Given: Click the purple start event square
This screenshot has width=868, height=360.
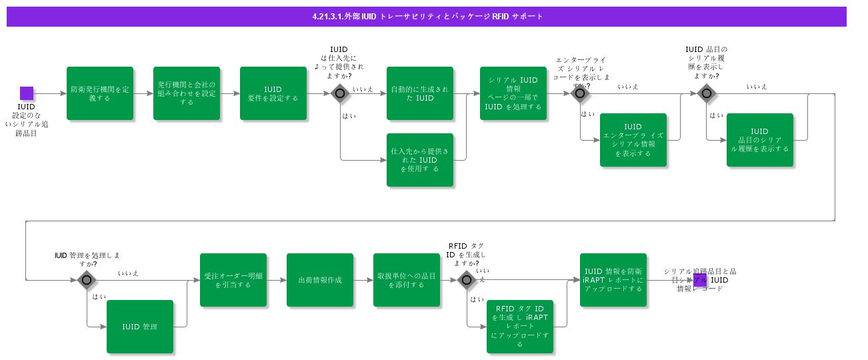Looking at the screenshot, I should pyautogui.click(x=27, y=93).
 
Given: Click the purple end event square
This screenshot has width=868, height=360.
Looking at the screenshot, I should pyautogui.click(x=700, y=280).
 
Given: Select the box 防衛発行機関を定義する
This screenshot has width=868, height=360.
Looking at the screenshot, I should pyautogui.click(x=100, y=93).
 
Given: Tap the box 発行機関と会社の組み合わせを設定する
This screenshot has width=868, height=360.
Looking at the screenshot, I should pyautogui.click(x=187, y=93).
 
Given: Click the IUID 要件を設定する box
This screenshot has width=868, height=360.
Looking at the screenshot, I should pyautogui.click(x=273, y=93).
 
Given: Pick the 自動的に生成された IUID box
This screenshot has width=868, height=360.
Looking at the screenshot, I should pyautogui.click(x=420, y=93).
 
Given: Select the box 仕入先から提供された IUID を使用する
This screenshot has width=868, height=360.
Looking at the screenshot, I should pyautogui.click(x=420, y=160).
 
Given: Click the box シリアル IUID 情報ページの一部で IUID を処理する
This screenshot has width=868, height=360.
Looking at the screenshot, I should pyautogui.click(x=513, y=93).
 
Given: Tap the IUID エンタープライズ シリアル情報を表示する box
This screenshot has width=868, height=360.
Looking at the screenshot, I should pyautogui.click(x=633, y=140).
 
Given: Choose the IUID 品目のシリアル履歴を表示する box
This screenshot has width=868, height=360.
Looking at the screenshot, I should pyautogui.click(x=760, y=140).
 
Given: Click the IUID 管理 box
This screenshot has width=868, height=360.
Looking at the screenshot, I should pyautogui.click(x=140, y=327).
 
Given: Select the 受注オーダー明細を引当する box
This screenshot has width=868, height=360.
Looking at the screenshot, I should pyautogui.click(x=233, y=280).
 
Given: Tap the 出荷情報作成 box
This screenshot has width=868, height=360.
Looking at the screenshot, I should pyautogui.click(x=320, y=280).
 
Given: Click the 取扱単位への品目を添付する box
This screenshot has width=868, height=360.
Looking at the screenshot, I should pyautogui.click(x=407, y=280).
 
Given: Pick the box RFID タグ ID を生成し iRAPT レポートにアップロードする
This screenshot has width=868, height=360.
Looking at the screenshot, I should pyautogui.click(x=520, y=327).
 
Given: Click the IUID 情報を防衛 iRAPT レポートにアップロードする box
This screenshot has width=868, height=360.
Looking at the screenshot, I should pyautogui.click(x=613, y=280).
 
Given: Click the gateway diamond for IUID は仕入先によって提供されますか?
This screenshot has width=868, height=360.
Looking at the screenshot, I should pyautogui.click(x=340, y=93).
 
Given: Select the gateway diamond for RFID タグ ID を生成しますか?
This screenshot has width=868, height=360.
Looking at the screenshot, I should pyautogui.click(x=467, y=280).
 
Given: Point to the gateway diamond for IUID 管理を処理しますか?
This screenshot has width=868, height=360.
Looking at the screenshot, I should pyautogui.click(x=87, y=280).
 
